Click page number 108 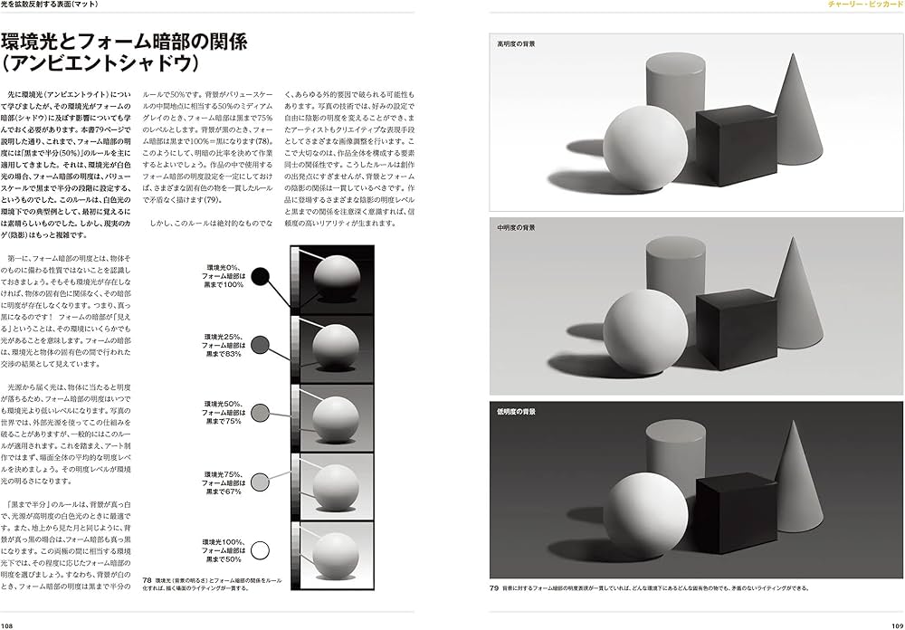(x=8, y=624)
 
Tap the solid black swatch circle (x=262, y=277)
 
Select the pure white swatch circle (x=262, y=549)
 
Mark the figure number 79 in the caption (x=495, y=588)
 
